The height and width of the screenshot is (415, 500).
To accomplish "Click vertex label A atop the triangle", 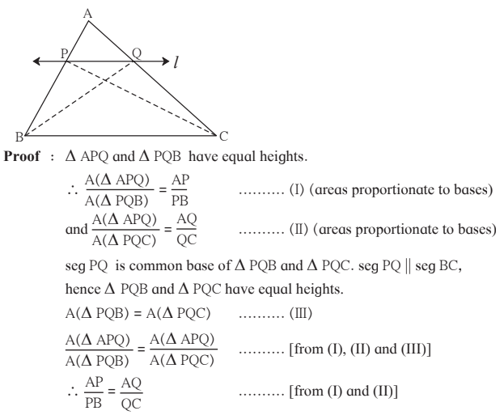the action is click(87, 14).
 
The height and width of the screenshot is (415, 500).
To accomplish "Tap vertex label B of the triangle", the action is click(19, 137).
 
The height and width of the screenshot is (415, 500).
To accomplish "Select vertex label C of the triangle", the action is click(224, 136).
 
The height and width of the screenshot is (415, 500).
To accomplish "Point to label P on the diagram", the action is click(64, 53).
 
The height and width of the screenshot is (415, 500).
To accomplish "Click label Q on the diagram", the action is click(137, 53).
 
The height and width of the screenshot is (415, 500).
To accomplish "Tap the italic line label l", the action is click(176, 61).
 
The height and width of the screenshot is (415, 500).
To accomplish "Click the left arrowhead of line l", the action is click(36, 61).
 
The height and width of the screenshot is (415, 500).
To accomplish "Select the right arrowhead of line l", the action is click(166, 61).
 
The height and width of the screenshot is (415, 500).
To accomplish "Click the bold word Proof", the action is click(22, 156).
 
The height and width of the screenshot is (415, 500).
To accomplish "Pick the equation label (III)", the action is click(300, 314).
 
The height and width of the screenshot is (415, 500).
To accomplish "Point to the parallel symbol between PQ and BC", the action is click(408, 266).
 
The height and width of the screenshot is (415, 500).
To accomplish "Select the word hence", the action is click(83, 290).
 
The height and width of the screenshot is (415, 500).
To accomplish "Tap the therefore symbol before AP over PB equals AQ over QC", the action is click(72, 392).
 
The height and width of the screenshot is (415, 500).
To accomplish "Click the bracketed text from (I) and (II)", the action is click(343, 391).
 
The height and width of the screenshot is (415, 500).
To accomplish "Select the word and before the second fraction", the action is click(76, 230).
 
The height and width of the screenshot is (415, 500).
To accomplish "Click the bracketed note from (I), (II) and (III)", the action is click(360, 349).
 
